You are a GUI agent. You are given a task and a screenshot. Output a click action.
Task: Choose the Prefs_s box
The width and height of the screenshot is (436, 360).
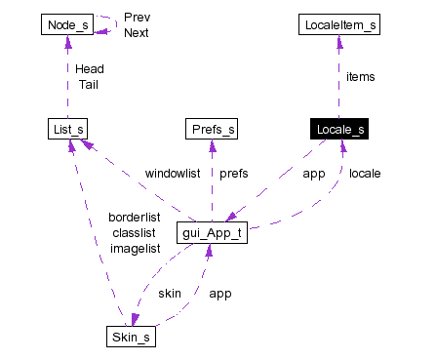(x=212, y=129)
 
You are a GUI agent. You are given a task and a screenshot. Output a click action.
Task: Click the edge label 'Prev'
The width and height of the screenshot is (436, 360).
(x=137, y=18)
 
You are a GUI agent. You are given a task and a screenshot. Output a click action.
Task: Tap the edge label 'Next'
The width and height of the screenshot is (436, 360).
(x=137, y=32)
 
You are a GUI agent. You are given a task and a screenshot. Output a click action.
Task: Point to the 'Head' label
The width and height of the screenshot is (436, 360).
(x=89, y=69)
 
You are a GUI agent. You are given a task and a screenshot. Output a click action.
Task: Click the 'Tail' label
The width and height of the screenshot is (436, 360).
(x=88, y=84)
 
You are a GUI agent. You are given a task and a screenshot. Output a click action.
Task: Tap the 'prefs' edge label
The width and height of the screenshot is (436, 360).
(x=233, y=174)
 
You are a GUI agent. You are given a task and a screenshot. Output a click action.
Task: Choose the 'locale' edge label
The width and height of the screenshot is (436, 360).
(x=365, y=174)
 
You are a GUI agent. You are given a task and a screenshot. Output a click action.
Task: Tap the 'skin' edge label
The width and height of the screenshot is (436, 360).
(x=170, y=293)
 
